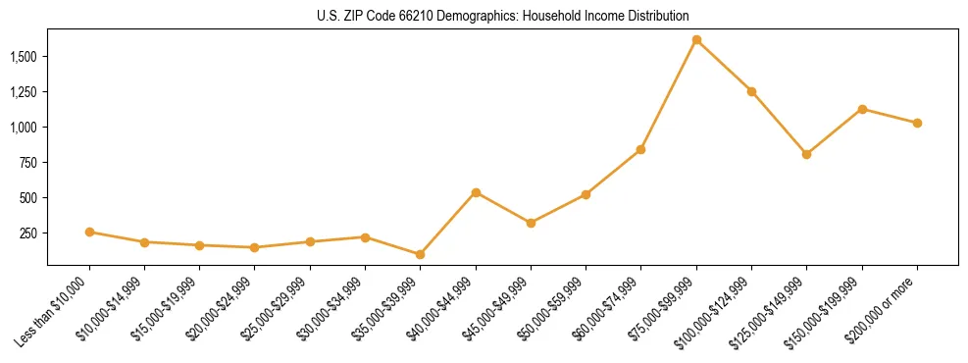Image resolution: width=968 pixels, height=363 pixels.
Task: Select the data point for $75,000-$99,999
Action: pos(696,40)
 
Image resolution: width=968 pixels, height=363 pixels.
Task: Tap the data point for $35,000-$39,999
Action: pos(421,254)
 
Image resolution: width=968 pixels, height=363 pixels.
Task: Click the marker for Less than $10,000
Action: pos(89,233)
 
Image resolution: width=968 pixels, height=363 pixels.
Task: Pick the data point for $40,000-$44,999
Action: pos(476,192)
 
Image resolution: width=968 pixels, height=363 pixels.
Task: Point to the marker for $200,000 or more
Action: pos(917,123)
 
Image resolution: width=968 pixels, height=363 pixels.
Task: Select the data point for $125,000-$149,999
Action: pos(806,154)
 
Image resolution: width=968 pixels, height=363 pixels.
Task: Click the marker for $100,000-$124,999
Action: pos(751,91)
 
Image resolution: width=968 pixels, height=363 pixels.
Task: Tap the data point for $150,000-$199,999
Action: pos(862,109)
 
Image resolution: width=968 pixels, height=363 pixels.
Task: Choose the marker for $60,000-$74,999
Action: pos(641,149)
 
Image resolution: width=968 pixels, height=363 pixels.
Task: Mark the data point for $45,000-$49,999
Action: pos(531,223)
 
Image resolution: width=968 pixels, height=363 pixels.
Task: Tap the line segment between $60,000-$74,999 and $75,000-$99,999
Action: pos(669,95)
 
